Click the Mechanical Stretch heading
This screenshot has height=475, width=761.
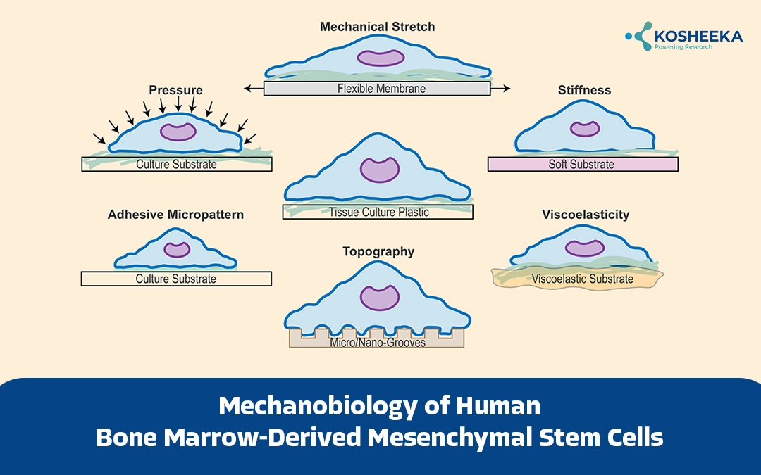tap(377, 27)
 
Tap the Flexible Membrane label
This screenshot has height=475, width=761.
tap(381, 89)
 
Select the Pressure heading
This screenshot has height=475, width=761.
tap(175, 90)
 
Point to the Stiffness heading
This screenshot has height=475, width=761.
tap(583, 90)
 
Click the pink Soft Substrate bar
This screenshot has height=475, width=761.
tap(582, 164)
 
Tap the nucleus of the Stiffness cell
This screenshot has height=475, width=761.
tap(585, 129)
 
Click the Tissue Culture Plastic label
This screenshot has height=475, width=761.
tap(378, 211)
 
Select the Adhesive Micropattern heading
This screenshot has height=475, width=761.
tap(175, 215)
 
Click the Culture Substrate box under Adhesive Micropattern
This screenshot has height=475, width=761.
tap(176, 279)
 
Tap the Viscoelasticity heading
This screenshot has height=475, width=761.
tap(586, 215)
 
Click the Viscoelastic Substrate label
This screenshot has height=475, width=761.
tap(582, 279)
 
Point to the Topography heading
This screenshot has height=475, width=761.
tap(378, 251)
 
